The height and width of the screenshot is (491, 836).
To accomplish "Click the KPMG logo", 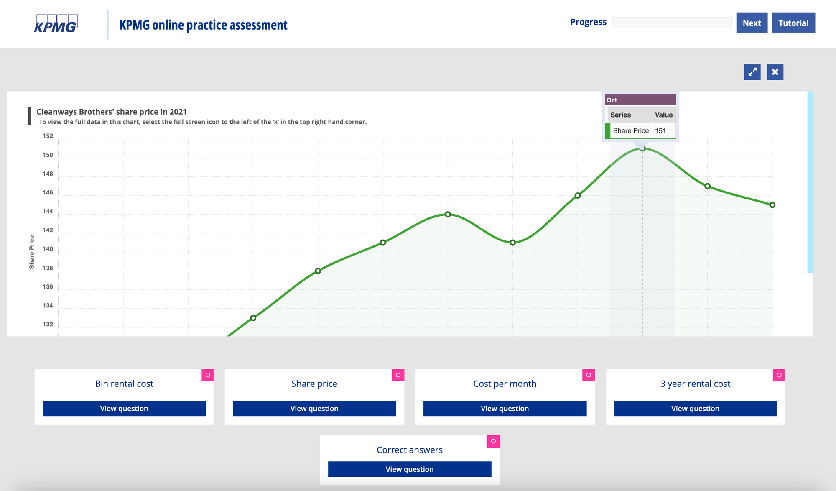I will click(x=56, y=24).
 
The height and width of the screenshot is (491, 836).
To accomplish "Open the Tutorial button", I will click(x=793, y=23).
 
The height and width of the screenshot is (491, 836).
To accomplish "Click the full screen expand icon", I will click(x=752, y=72).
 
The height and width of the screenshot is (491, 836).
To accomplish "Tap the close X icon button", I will click(x=775, y=72).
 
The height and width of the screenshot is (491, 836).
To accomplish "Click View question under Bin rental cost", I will click(x=124, y=408).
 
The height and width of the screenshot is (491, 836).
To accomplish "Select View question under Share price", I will click(x=314, y=408).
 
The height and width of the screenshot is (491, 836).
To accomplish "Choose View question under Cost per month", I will click(x=505, y=408).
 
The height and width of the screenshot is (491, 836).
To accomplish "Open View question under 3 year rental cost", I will click(x=695, y=408).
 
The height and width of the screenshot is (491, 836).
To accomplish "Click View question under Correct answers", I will click(x=409, y=469).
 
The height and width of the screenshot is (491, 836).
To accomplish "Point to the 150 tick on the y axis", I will click(x=48, y=155).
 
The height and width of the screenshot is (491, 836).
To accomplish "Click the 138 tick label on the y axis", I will click(x=48, y=268).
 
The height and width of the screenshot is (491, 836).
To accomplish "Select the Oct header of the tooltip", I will click(x=640, y=100).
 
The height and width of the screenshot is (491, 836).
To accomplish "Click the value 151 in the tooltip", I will click(x=660, y=131).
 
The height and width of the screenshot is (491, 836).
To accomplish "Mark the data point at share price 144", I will click(x=448, y=215).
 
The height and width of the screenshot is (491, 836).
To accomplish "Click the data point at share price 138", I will click(x=318, y=271).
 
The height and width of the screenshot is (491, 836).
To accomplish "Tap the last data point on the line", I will click(x=772, y=205).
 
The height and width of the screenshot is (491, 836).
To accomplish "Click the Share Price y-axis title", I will click(x=32, y=252).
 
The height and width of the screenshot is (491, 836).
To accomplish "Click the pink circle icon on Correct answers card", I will click(x=493, y=441).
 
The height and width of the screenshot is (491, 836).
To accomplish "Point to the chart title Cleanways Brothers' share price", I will click(x=112, y=112).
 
